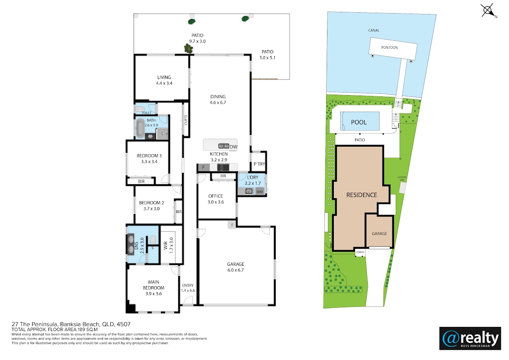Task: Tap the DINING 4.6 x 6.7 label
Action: coord(218,100)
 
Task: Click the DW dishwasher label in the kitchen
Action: coord(233,147)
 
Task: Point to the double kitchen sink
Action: coord(224,146)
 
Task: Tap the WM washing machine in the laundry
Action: coord(260,192)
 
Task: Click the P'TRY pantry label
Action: coord(259,164)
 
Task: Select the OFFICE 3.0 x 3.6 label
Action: coord(215,199)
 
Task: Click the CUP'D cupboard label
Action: coord(186,120)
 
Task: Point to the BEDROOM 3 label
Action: coord(149,156)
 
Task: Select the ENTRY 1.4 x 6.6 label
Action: coord(187,288)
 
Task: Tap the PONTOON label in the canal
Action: coord(389,48)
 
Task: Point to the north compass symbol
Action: coord(488,10)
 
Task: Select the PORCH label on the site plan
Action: coord(360,252)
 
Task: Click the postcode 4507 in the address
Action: coord(123,324)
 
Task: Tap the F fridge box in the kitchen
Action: coord(203,167)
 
